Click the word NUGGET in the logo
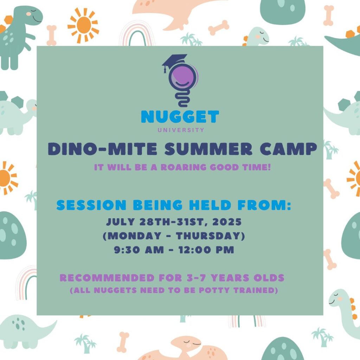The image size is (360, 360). pyautogui.click(x=180, y=117)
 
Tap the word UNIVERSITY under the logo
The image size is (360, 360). pyautogui.click(x=181, y=130)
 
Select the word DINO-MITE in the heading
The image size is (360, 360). pyautogui.click(x=103, y=149)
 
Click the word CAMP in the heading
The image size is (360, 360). pyautogui.click(x=288, y=149)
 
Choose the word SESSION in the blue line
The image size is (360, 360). pyautogui.click(x=91, y=205)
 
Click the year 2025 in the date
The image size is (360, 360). pyautogui.click(x=227, y=222)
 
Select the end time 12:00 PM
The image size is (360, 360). pyautogui.click(x=206, y=250)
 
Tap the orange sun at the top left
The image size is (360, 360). pyautogui.click(x=83, y=25)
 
